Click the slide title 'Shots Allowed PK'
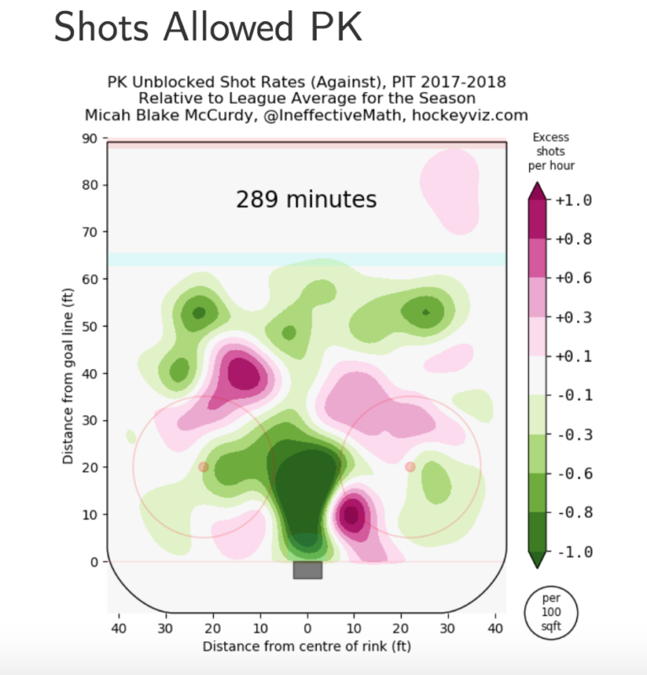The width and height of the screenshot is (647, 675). pos(208,29)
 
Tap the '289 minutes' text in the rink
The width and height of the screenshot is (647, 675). pos(306,200)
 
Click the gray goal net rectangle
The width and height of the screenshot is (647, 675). pos(307,570)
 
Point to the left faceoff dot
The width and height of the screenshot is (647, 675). pos(203,467)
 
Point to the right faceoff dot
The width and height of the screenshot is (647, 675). pos(410,467)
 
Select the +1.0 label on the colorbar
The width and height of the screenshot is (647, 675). pos(574,201)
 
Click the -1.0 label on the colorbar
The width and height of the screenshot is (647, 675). pos(574,552)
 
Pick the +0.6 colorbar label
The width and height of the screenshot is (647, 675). pos(574,278)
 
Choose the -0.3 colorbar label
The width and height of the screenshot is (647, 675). pos(574,435)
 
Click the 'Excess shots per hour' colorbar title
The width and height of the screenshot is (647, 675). pos(551,151)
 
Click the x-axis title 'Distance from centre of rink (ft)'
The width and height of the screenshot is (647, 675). pos(307,646)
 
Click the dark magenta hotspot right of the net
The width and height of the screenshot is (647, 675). pos(351,513)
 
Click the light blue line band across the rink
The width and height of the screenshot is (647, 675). pos(307,260)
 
